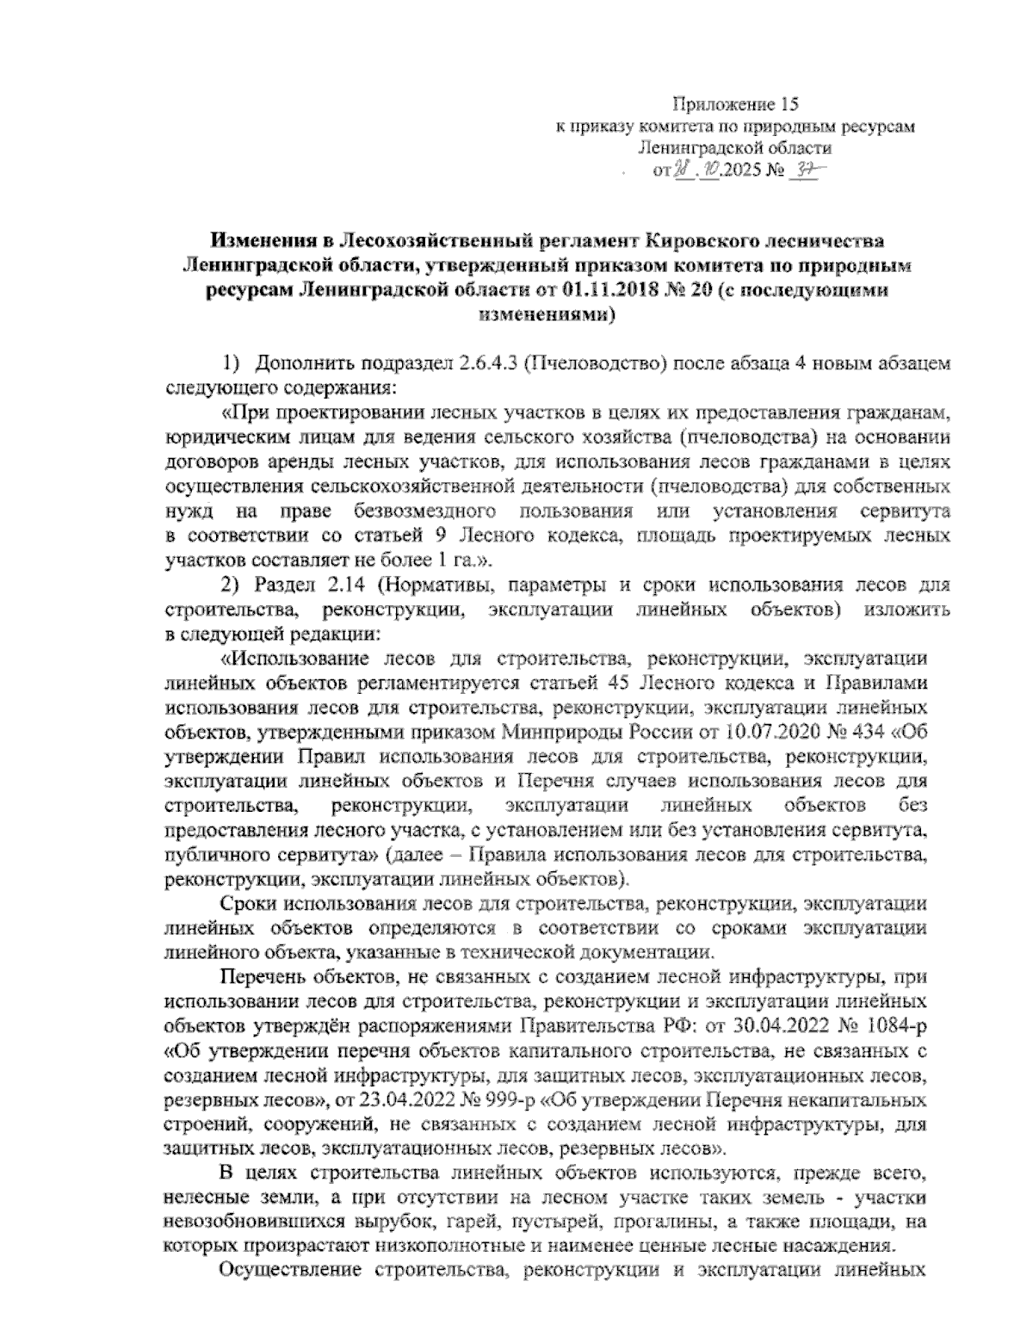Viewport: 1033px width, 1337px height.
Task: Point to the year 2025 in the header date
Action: [745, 170]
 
